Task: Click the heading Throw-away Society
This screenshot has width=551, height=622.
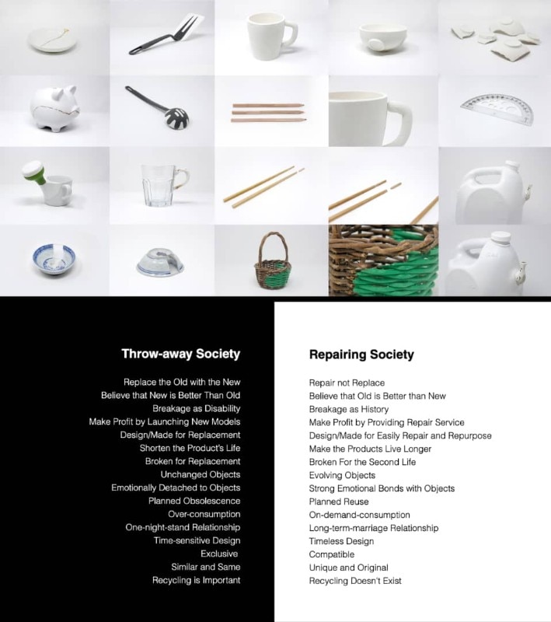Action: [x=180, y=354]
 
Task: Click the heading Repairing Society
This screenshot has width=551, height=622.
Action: [x=361, y=355]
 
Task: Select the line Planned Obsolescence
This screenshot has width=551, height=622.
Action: [x=194, y=501]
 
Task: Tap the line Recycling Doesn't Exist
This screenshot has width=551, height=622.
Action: [x=355, y=581]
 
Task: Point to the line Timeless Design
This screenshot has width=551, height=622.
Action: [x=341, y=541]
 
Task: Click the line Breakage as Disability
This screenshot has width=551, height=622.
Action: [x=196, y=408]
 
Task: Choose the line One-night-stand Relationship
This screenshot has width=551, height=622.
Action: [x=183, y=527]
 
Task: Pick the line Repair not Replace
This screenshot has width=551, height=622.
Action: [x=347, y=383]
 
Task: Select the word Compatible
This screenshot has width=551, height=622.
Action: [x=332, y=554]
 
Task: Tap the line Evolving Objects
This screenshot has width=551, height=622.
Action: [x=343, y=475]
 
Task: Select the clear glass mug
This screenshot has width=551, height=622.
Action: [x=162, y=184]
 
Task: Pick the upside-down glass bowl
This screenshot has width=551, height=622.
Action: [x=160, y=262]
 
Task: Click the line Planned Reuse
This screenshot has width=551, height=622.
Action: [x=338, y=501]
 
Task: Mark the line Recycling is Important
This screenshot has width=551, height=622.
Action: [x=196, y=580]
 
